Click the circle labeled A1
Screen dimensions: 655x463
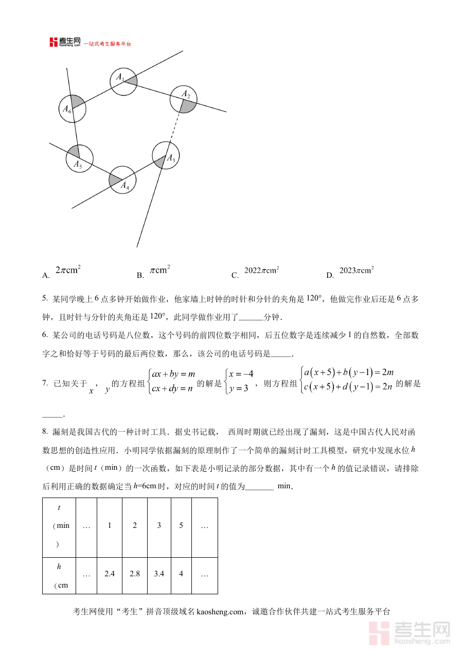tap(123, 81)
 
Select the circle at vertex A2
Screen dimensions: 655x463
tap(184, 100)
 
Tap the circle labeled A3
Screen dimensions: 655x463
tap(166, 155)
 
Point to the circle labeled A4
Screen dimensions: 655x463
tap(122, 180)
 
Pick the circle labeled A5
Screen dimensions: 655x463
tap(79, 158)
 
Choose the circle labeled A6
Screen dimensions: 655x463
tap(72, 109)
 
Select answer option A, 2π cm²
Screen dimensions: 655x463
tap(67, 270)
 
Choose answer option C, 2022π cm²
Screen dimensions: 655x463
tap(261, 270)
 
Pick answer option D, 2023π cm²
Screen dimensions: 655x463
tap(356, 270)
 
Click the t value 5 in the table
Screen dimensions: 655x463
tap(181, 525)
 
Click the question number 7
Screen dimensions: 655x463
tap(45, 383)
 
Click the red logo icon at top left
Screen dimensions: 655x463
tap(54, 42)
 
